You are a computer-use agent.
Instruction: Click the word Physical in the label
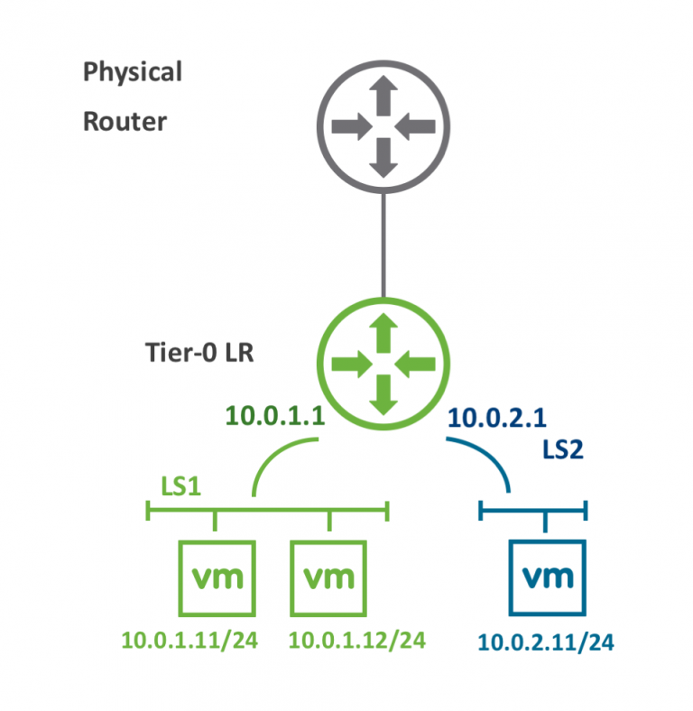tap(133, 72)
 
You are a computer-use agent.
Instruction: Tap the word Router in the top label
tap(125, 121)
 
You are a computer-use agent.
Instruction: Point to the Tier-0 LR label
tap(199, 352)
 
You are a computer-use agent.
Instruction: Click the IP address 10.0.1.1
tap(274, 415)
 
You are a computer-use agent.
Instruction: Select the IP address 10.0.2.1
tap(496, 417)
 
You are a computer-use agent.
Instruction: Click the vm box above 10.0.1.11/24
tap(217, 577)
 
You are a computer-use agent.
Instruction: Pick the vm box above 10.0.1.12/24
tap(329, 577)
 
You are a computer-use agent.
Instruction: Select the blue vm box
tap(549, 577)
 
